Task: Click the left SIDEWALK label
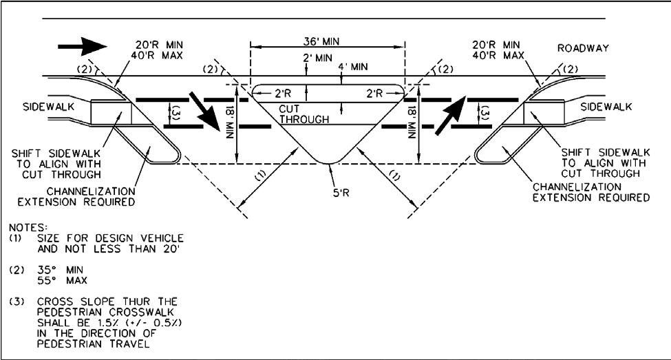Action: (x=43, y=108)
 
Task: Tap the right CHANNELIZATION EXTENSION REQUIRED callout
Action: (x=590, y=192)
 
